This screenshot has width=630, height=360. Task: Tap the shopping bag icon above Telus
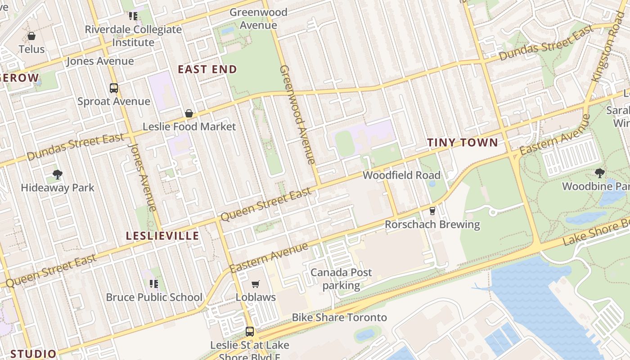coord(31,36)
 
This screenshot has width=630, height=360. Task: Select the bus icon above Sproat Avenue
coord(114,88)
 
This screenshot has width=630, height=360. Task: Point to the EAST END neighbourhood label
coord(207,69)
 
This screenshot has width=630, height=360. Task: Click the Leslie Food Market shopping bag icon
coord(189,113)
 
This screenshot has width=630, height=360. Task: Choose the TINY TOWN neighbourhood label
coord(462,143)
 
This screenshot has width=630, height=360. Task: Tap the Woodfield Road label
coord(401,175)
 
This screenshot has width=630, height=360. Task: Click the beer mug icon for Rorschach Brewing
coord(432,211)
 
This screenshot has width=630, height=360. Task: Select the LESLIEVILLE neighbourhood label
coord(162,236)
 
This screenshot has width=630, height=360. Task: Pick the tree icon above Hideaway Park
coord(57,175)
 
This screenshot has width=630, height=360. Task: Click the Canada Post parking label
coord(341,279)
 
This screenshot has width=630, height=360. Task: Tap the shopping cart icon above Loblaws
coord(256,284)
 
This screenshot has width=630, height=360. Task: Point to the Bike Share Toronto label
coord(339,317)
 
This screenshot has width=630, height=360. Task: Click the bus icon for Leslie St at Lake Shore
coord(250,332)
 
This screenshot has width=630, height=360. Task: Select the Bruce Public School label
coord(154,297)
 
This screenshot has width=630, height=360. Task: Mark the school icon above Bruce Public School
coord(154,283)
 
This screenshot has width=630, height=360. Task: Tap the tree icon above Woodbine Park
coord(599,173)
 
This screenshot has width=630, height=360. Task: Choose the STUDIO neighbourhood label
coord(33,354)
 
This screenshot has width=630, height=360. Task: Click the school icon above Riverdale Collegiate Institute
coord(133,16)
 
